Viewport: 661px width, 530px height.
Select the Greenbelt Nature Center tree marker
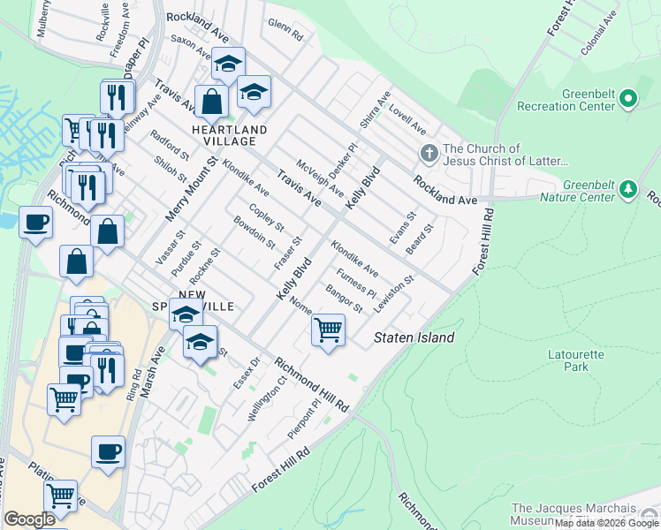point(628,189)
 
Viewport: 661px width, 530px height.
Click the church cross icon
point(429,155)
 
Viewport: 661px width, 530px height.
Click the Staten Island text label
point(414,337)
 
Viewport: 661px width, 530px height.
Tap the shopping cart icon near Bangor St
point(328,330)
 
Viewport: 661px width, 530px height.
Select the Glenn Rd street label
point(285,31)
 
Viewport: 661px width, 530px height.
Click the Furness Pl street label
point(357,285)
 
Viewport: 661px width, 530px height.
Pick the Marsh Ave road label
point(158,361)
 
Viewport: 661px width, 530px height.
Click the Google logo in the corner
point(29,519)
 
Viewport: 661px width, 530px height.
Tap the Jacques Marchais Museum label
point(584,515)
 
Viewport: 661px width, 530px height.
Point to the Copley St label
point(266,217)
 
